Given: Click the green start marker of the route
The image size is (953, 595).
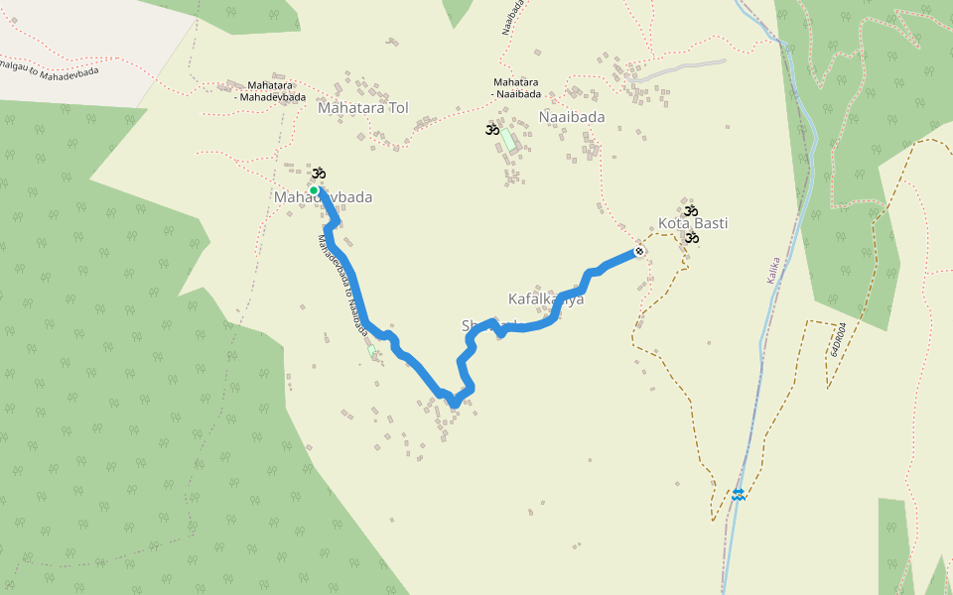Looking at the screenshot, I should tap(313, 189).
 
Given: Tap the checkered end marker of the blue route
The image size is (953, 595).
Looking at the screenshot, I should tap(639, 252).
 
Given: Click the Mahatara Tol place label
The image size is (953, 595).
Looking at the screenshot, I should tap(362, 107).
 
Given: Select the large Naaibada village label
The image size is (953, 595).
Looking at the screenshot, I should tap(572, 116).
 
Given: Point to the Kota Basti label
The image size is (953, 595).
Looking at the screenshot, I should tap(693, 223).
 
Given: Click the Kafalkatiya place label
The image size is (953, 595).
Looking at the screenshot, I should tap(546, 298).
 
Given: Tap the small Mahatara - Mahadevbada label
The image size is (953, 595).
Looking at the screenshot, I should tap(263, 90).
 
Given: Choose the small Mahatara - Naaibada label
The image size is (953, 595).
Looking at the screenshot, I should tap(516, 88).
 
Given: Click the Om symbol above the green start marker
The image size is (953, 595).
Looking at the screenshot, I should tap(319, 175).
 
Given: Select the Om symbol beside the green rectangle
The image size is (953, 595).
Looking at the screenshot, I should tap(491, 129).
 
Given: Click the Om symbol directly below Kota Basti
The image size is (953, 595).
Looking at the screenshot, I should tap(692, 238).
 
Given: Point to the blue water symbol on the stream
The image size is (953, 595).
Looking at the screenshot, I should tap(739, 494).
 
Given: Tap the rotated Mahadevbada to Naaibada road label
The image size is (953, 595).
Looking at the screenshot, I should tap(342, 284).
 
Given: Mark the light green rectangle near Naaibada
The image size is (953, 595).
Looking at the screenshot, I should tap(507, 140).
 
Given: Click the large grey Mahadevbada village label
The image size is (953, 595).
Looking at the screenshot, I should tap(323, 197).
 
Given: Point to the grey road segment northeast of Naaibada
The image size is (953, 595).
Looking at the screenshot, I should tap(685, 67).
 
